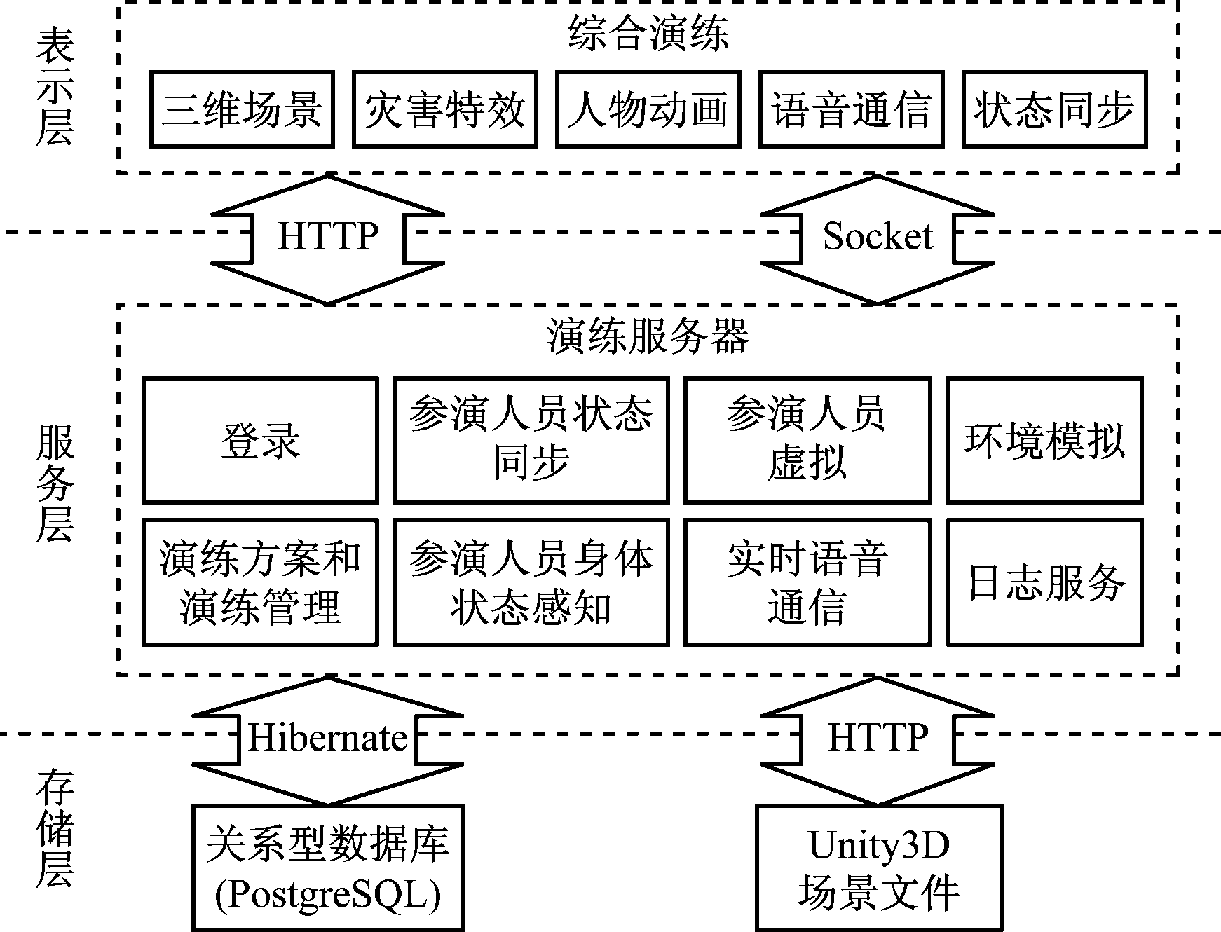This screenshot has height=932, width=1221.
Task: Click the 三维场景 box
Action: pos(242,109)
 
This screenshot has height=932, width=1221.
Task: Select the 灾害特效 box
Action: pos(445,109)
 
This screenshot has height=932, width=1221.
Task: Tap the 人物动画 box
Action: pos(648,109)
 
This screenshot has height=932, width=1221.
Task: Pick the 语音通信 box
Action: pos(851,109)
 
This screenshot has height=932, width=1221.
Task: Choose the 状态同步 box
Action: pos(1054,109)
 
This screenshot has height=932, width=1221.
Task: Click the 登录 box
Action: pos(261,441)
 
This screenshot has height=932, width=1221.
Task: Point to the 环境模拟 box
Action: pos(1044,441)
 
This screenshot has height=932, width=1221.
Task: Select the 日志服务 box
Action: pos(1044,582)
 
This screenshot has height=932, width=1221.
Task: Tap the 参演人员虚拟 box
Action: pos(807,441)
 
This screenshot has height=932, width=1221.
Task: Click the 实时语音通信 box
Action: pos(807,582)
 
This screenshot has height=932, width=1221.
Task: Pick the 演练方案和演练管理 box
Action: pos(261,582)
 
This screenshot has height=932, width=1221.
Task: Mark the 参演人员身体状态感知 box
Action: pos(531,582)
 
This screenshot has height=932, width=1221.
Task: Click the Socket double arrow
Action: pos(878,238)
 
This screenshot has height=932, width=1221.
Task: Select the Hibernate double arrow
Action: pos(327,739)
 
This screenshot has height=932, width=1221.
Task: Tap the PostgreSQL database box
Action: pos(327,868)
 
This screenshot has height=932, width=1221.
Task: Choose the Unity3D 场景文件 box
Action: pos(878,868)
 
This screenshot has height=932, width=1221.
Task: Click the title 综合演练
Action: pos(648,34)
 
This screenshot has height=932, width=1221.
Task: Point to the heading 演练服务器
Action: pos(648,337)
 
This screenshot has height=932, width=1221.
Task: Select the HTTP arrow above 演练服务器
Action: pos(327,238)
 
